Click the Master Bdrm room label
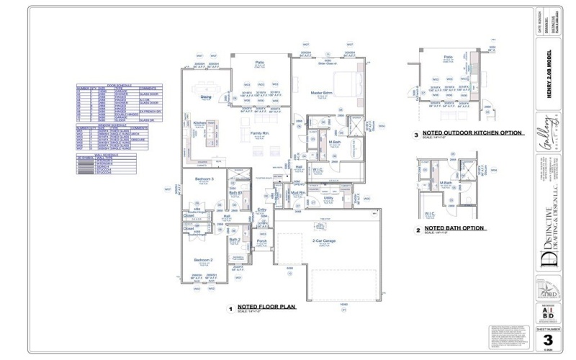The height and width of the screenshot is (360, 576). (321, 94)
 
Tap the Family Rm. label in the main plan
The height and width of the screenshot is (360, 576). (259, 134)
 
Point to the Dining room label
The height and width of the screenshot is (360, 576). (206, 96)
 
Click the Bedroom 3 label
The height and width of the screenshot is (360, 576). (204, 179)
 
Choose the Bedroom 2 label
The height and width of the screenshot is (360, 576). (203, 260)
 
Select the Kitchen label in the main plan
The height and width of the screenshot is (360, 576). (199, 123)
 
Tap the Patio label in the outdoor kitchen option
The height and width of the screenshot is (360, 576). (448, 56)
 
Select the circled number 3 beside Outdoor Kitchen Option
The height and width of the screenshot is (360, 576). (416, 135)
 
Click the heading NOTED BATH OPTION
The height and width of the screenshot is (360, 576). (454, 228)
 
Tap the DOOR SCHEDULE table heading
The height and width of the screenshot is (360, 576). (120, 84)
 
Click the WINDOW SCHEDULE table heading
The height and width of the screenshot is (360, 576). (120, 125)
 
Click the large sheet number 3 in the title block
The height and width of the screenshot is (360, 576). (548, 340)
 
